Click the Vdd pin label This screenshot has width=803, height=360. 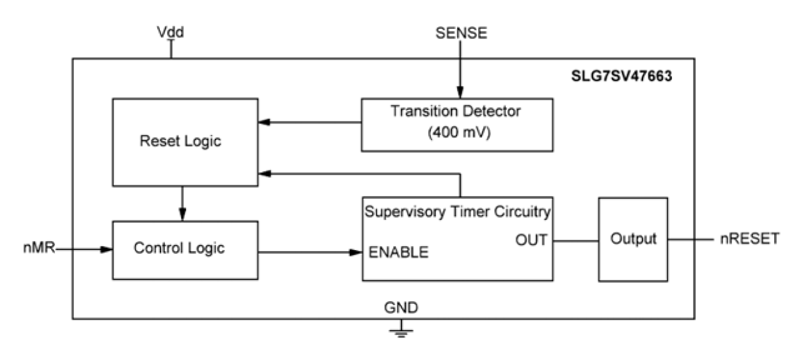point(171,32)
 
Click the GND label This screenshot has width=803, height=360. point(401,308)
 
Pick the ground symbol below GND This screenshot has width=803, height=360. point(401,330)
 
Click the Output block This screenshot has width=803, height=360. point(633,239)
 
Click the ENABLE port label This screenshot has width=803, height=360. point(398,253)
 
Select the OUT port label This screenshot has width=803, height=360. point(531,240)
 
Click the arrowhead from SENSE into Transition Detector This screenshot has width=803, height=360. point(458,94)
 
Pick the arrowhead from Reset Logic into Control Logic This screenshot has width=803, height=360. point(183,215)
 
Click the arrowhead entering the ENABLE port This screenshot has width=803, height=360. point(357,252)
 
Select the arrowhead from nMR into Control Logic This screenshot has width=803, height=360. point(107,249)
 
